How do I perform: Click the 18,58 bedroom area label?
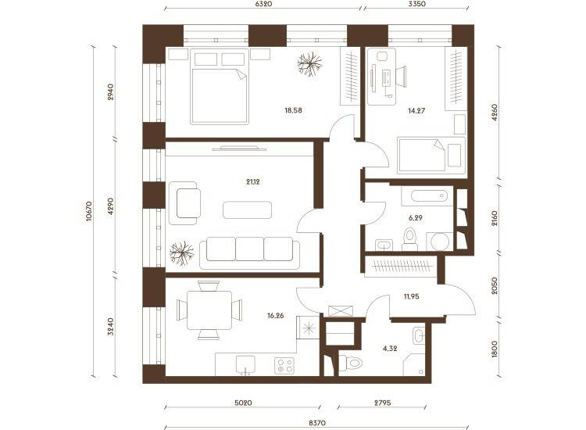coord(293,110)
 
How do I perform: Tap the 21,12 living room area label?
coord(253,182)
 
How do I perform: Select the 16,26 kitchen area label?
coord(276,316)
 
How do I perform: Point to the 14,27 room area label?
coord(416,111)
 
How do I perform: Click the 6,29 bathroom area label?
coord(416,217)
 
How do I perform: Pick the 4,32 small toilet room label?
coord(390,349)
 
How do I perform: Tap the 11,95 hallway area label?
coord(411,296)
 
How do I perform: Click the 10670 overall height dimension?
coord(89,212)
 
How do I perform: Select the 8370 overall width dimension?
coord(317,423)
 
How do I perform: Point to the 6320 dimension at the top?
coord(263,4)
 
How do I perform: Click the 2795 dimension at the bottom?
coord(382,403)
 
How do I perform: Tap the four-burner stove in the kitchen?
coord(284,366)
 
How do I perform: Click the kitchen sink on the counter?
coord(245,364)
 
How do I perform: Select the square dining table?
coord(209,310)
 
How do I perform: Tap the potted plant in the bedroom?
coord(309,64)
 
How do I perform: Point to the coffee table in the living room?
coord(248,210)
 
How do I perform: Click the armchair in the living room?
coord(184,203)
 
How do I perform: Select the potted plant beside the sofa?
coord(181,253)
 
